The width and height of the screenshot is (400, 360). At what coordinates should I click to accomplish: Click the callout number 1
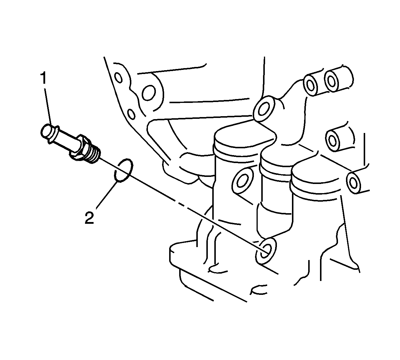point(43,79)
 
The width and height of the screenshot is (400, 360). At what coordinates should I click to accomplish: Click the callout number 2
point(89,217)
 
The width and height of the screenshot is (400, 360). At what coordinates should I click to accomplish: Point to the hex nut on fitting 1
point(79,147)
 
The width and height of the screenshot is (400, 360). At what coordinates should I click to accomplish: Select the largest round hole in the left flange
point(148,93)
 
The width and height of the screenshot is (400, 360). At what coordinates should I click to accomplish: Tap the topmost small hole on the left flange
point(118,78)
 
